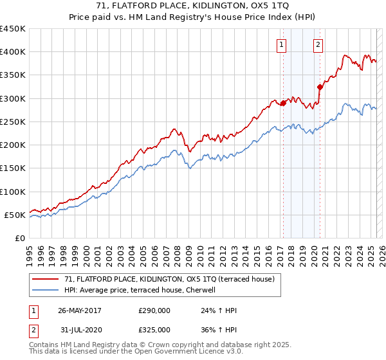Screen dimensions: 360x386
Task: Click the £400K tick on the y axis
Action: pos(13,52)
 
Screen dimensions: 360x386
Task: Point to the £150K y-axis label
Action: pos(13,168)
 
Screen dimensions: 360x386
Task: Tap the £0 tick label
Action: pos(20,238)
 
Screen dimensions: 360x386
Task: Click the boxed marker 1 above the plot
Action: pos(282,44)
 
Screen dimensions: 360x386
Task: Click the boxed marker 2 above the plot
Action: pos(318,44)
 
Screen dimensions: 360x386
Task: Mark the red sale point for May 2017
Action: pos(283,103)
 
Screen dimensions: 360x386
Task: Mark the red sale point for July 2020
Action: pos(320,87)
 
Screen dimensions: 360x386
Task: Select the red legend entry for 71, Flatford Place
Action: pos(169,279)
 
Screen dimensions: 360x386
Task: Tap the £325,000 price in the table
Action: pos(154,329)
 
